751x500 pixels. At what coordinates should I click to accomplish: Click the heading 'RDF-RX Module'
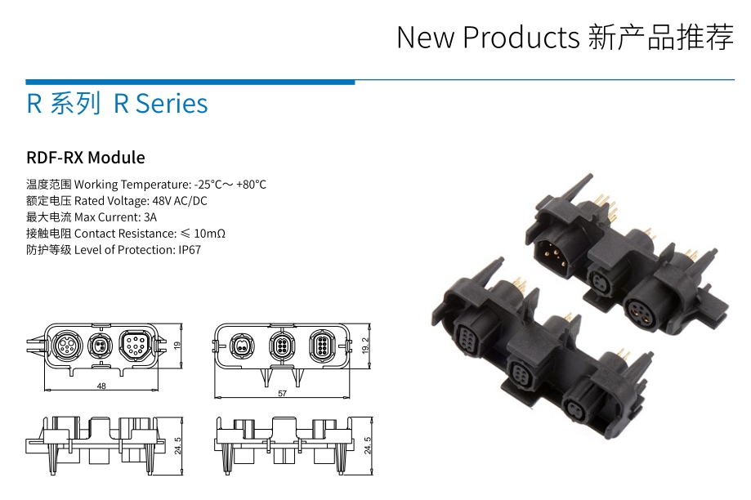click(86, 158)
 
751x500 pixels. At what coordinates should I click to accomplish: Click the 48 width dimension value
click(101, 386)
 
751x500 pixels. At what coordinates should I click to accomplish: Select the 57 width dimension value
click(283, 394)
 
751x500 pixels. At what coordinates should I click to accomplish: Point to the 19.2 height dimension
click(366, 346)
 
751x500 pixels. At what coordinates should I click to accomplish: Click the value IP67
click(190, 250)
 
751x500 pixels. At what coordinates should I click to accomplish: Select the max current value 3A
click(150, 217)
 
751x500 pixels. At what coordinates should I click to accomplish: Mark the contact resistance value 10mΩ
click(209, 234)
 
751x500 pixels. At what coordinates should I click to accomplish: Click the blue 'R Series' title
click(160, 104)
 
